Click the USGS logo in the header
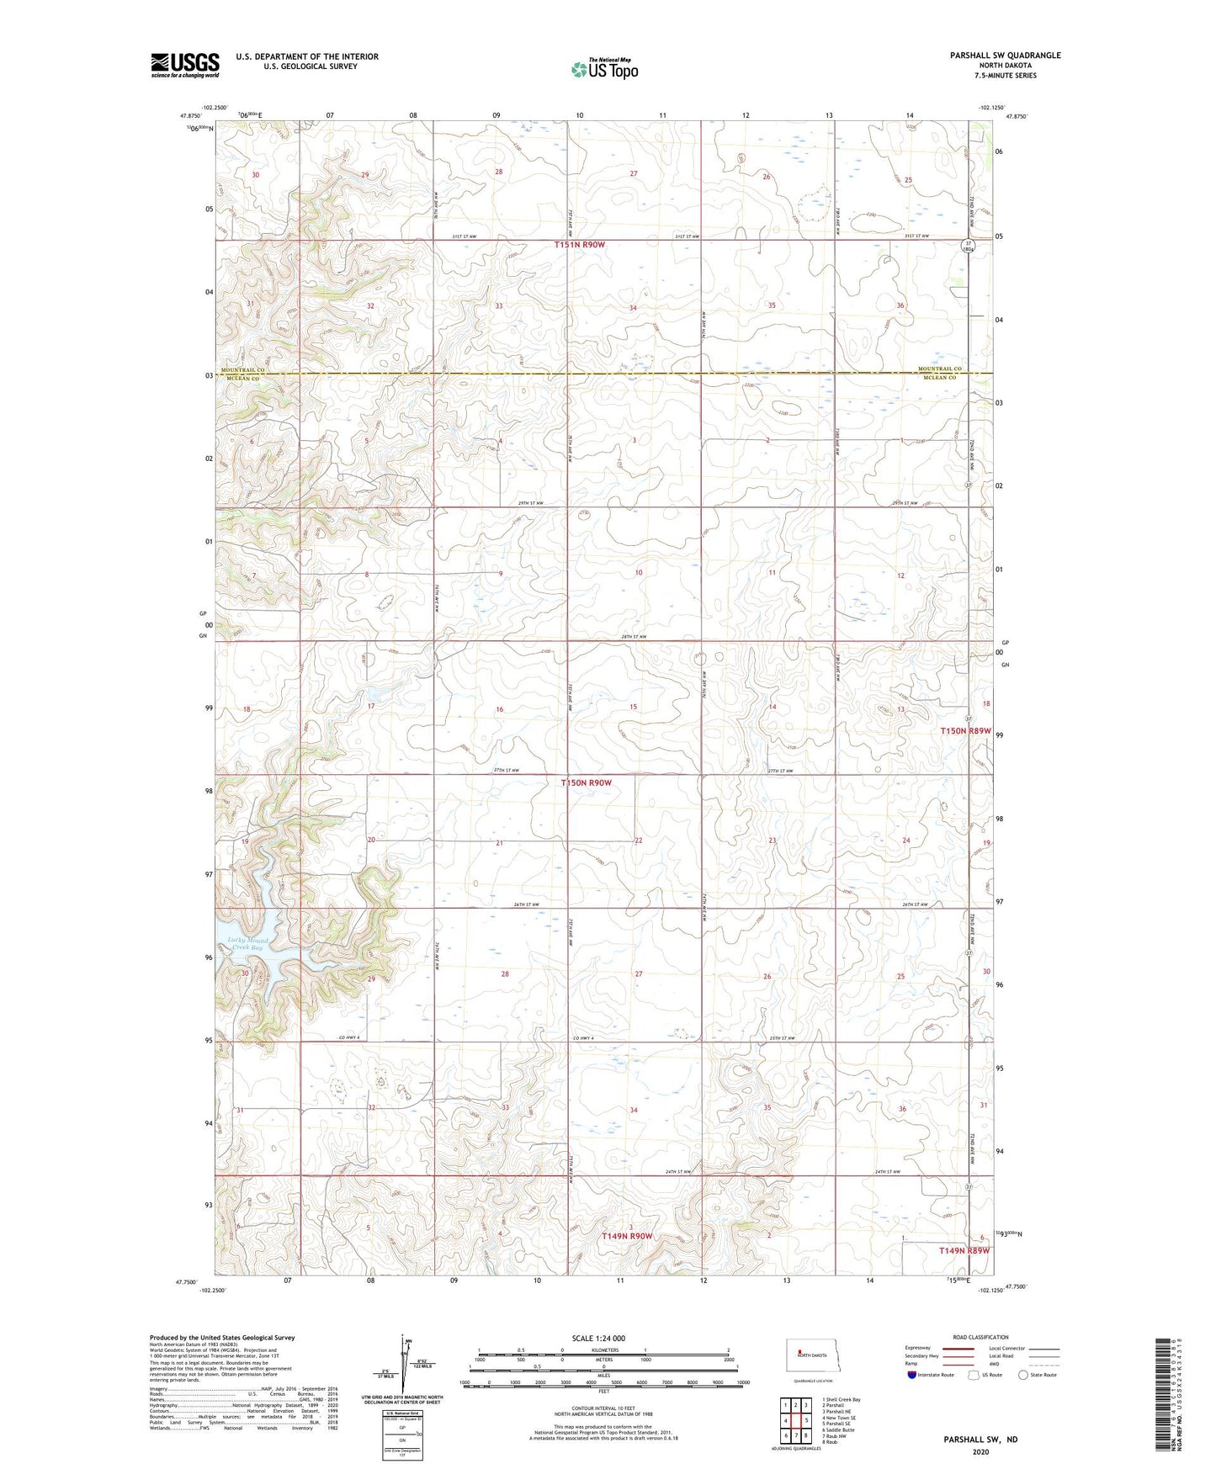pos(185,65)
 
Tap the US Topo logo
pos(604,69)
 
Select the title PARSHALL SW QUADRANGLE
pos(999,56)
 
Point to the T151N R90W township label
pos(580,245)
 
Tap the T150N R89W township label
pos(964,731)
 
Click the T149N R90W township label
pos(627,1236)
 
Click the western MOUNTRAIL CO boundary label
pos(243,370)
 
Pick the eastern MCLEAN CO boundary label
pos(937,378)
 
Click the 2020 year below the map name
pos(980,1451)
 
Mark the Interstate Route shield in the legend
pos(913,1375)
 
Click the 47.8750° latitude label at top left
pos(192,117)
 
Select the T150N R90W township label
pos(586,782)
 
